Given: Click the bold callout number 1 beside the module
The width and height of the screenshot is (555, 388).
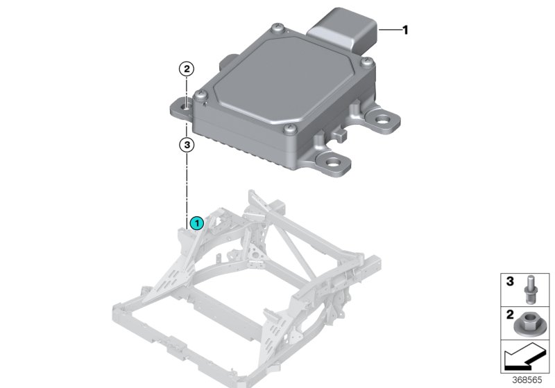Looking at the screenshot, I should tap(406, 30).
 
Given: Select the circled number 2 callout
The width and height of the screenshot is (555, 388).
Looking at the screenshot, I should tap(187, 69).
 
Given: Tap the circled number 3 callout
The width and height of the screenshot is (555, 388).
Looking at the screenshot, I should tap(187, 145).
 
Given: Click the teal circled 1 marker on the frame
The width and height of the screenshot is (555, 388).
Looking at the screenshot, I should tap(197, 223).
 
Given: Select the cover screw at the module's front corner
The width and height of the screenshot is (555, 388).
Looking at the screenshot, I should tap(289, 129).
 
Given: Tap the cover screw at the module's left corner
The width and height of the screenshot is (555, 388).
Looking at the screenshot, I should tap(200, 95).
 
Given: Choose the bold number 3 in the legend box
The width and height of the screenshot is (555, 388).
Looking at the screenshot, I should tap(509, 282).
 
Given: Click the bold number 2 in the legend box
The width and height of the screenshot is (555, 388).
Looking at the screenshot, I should tap(509, 315).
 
